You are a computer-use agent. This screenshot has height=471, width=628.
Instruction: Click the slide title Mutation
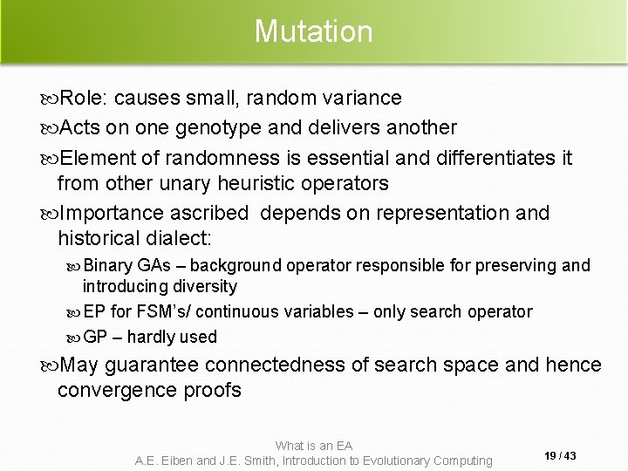[x=314, y=32]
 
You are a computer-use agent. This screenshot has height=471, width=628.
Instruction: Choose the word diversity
[x=203, y=285]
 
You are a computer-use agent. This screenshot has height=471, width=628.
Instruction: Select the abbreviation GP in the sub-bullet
[x=94, y=337]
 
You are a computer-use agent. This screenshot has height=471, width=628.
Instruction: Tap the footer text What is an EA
[x=314, y=444]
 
